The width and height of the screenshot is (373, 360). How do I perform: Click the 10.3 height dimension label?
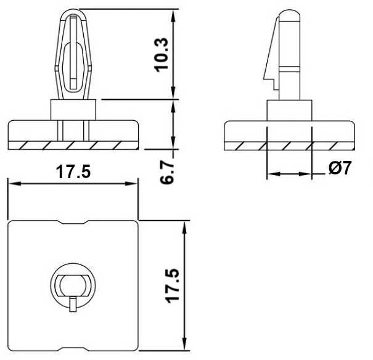click(162, 55)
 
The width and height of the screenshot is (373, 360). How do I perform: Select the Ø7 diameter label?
click(340, 168)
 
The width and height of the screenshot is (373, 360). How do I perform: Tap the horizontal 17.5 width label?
click(73, 171)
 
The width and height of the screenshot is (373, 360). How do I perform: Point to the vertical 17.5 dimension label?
click(172, 285)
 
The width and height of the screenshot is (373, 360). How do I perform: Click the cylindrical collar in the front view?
click(73, 110)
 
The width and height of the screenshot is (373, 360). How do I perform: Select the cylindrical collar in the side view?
click(289, 110)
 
